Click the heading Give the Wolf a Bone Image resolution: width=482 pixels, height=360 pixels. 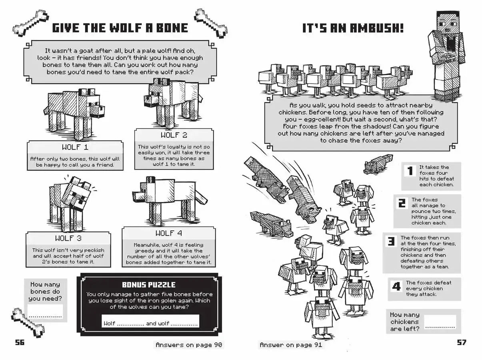[120, 28]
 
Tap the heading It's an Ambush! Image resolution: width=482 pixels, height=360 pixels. [352, 28]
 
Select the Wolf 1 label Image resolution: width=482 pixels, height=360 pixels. [74, 147]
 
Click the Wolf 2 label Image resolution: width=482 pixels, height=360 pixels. [174, 135]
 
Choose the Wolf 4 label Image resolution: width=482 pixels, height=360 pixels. [168, 233]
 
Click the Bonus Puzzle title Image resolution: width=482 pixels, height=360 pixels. [148, 285]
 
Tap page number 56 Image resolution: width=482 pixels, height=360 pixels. [19, 342]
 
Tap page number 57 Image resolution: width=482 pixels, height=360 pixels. [461, 342]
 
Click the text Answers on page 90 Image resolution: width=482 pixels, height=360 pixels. [188, 344]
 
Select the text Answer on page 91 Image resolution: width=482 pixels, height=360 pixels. [291, 344]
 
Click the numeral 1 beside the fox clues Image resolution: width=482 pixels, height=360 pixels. [410, 171]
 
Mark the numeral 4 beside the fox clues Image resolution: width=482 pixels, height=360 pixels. [396, 286]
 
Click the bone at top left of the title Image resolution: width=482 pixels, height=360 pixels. [30, 23]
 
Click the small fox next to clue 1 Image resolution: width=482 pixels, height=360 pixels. [378, 164]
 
